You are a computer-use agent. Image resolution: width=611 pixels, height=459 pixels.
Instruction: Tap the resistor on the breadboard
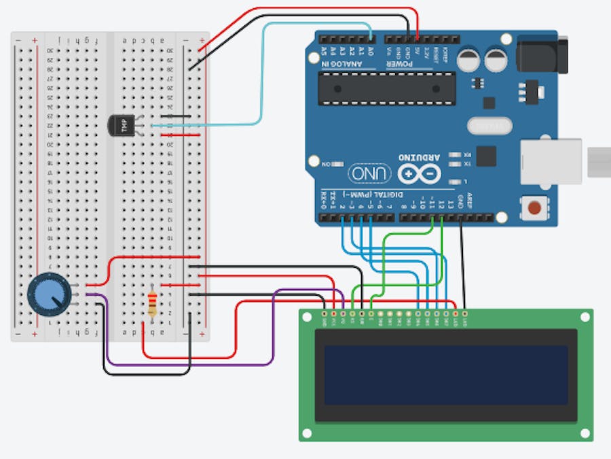pos(152,303)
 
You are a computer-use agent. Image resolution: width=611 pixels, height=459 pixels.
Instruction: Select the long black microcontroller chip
pos(387,88)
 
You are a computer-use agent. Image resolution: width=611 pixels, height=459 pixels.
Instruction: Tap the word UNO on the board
pos(370,173)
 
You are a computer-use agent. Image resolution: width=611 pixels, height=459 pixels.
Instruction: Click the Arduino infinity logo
pos(420,173)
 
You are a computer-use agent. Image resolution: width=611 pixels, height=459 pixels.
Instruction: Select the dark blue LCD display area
pos(445,375)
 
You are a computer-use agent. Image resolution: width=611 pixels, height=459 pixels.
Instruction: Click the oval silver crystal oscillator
pos(489,126)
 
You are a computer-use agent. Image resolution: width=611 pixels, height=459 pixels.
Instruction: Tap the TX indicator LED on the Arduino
pos(457,164)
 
